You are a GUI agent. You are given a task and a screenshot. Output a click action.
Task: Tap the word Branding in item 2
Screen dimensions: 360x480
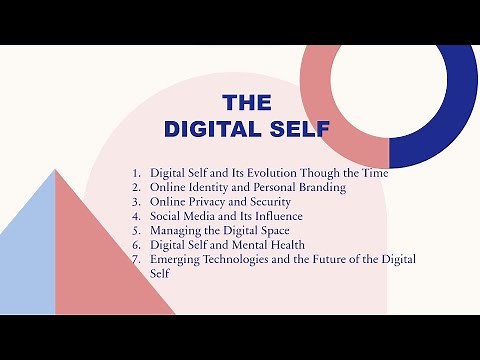(319, 187)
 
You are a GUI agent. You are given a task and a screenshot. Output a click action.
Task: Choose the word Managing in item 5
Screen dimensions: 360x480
(176, 230)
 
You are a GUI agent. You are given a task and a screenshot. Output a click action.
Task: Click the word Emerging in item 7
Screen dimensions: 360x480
(177, 259)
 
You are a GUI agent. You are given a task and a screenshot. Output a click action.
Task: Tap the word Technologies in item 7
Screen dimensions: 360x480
(248, 259)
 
